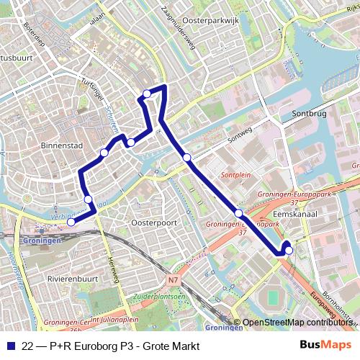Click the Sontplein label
point(235,175)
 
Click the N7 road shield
point(172,279)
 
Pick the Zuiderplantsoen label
point(159,296)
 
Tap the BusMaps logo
point(325,346)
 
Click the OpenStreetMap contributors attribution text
point(297,323)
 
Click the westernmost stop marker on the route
point(71,222)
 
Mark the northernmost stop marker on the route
point(147,94)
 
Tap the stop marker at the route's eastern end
point(289,251)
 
